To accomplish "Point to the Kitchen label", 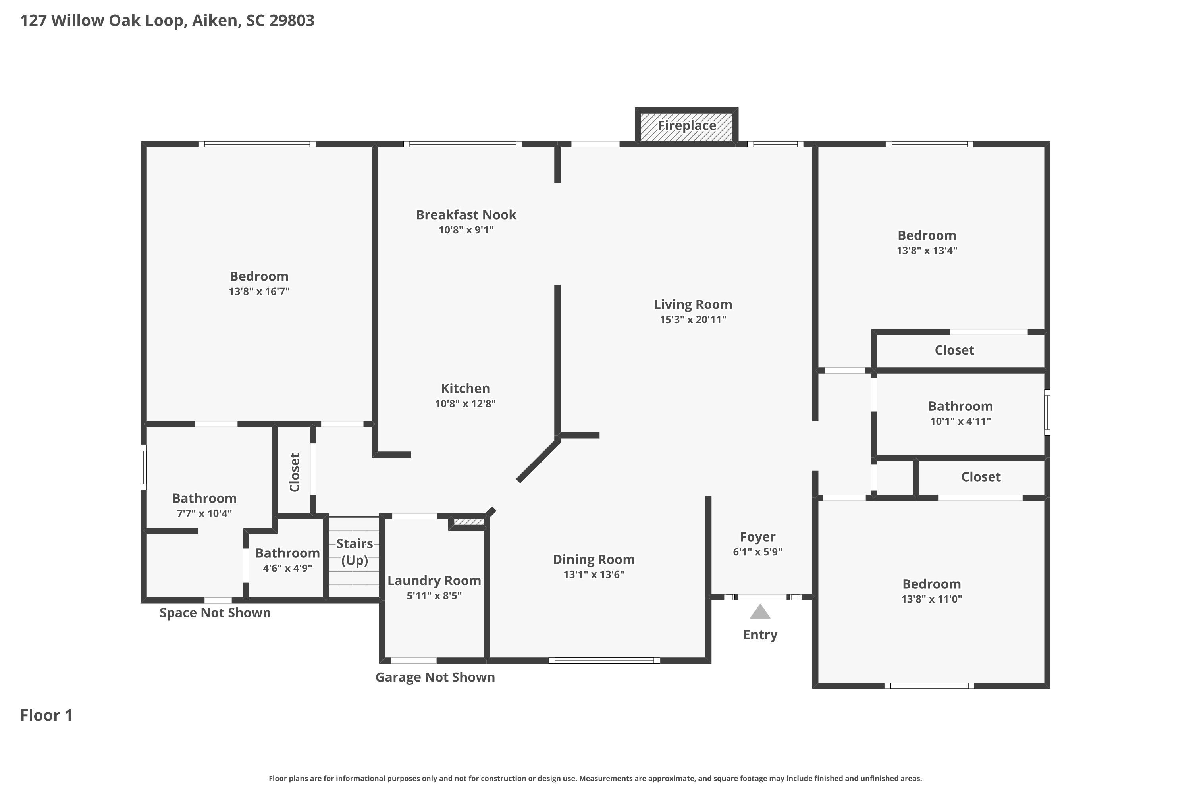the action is (x=465, y=388).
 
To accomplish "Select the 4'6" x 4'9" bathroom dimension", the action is (x=287, y=568).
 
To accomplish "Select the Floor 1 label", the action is (x=46, y=715).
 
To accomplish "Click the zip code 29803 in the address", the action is (x=292, y=20).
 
